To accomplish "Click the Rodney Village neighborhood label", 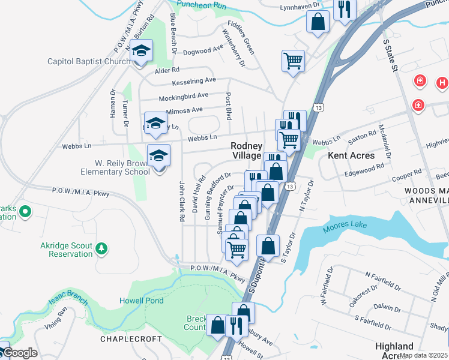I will (x=247, y=151).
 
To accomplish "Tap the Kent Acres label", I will (x=351, y=155).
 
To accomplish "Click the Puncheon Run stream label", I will (x=206, y=5).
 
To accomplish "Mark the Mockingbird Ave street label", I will (x=183, y=96).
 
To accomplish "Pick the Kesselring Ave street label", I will (x=193, y=80).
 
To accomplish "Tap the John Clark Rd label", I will (x=181, y=202).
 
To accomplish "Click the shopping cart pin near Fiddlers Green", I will (x=293, y=61).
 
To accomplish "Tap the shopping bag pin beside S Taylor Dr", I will (x=268, y=246).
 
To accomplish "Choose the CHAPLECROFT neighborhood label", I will (x=131, y=339).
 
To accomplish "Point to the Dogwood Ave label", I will (x=203, y=52).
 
